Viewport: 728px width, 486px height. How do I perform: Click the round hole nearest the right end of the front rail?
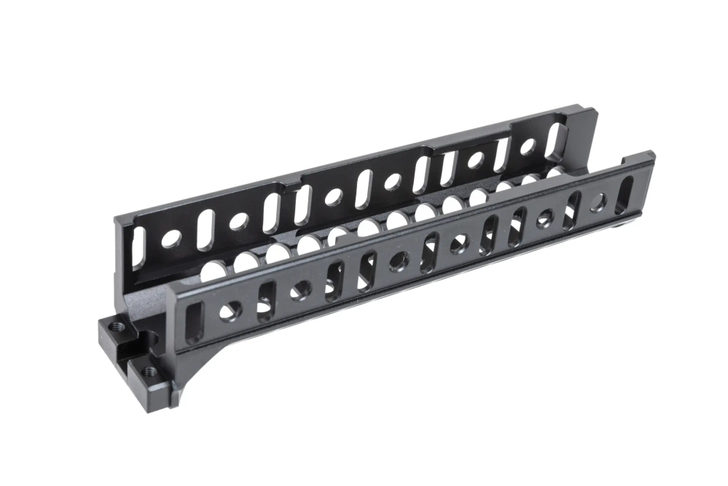coord(598,204)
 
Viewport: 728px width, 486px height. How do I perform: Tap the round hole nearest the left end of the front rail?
coord(231,310)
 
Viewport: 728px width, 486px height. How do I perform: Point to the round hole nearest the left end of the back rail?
coord(171,237)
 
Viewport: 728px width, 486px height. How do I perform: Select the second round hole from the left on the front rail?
coord(301,290)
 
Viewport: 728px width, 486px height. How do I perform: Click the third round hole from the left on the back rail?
coord(335,196)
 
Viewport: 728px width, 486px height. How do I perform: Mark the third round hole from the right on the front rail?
coord(461,243)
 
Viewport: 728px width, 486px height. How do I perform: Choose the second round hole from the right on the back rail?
coord(474,159)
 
